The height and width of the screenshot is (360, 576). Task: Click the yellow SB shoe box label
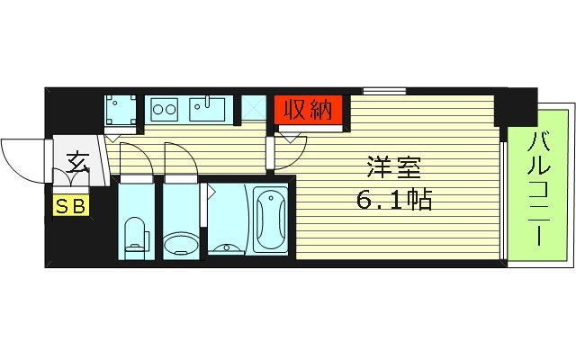click(70, 206)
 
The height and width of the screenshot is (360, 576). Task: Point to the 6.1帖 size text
click(392, 200)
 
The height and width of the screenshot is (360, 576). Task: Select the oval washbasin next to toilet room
click(183, 244)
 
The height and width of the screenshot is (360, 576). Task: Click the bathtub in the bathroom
click(270, 220)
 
